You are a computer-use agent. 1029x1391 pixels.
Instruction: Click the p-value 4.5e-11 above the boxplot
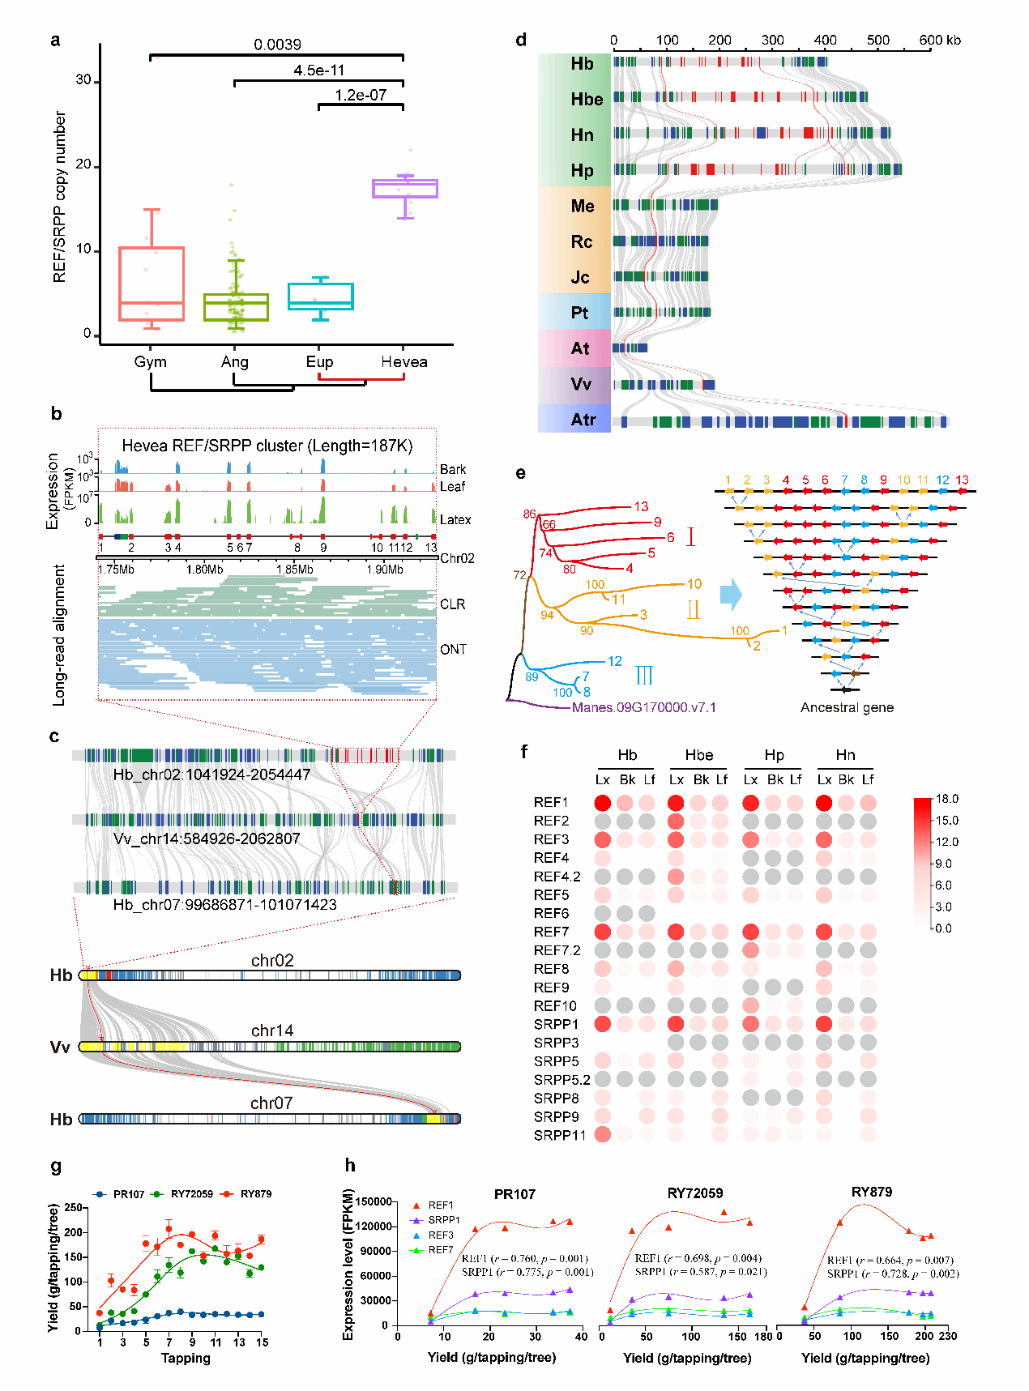(318, 70)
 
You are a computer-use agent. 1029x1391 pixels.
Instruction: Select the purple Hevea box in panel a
(405, 188)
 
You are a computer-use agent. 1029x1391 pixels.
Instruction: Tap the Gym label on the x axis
(150, 362)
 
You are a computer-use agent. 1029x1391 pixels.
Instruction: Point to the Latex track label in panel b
(455, 519)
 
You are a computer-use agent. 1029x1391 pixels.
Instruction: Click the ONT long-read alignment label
(453, 649)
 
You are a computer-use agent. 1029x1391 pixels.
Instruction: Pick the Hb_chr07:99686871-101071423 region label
(224, 904)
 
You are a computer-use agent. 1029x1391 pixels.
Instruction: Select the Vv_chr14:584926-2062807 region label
(207, 838)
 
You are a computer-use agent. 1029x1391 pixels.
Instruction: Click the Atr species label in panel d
(583, 420)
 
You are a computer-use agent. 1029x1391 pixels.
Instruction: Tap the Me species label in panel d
(582, 206)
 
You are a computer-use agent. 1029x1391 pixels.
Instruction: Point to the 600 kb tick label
(940, 40)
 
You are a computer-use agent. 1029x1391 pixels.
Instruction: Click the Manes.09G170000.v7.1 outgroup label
(644, 707)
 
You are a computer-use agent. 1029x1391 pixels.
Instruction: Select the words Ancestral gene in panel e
(847, 707)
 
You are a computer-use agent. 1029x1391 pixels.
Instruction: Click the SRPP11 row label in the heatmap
(559, 1135)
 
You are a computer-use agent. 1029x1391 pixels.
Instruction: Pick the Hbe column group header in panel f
(698, 755)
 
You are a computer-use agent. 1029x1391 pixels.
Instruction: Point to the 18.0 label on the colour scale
(946, 799)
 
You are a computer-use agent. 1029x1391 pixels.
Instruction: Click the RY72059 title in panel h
(694, 1193)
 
